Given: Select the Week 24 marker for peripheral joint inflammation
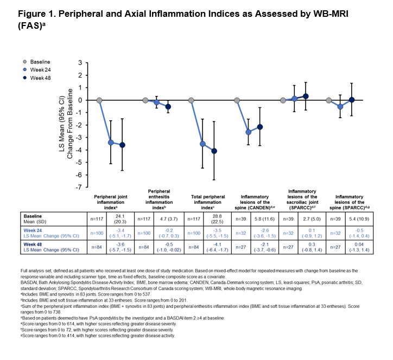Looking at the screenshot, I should tap(111, 143).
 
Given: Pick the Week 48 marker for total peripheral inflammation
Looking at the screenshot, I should tap(214, 151).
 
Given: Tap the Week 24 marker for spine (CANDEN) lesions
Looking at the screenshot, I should tap(249, 132).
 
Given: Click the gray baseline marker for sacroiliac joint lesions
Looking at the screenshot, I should tap(283, 100).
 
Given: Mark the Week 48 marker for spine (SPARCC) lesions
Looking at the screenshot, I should tap(352, 100).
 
